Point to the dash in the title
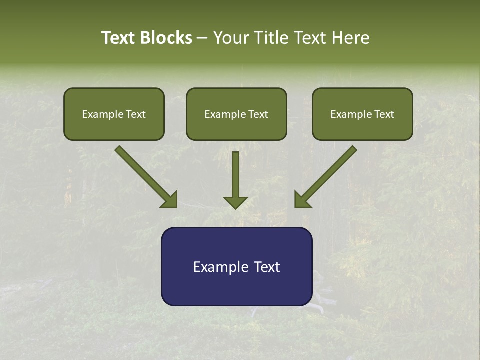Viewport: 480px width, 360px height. [x=202, y=38]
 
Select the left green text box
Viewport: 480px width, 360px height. [x=114, y=114]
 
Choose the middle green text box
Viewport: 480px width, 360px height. [x=236, y=114]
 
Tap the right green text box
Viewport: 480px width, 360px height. [x=362, y=114]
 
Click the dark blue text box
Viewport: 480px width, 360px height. [x=236, y=266]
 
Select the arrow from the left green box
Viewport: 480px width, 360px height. [x=145, y=176]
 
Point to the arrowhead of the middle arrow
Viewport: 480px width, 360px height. [x=235, y=202]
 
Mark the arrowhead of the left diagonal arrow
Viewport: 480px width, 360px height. [x=170, y=200]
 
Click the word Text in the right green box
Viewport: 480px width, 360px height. [x=384, y=114]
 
